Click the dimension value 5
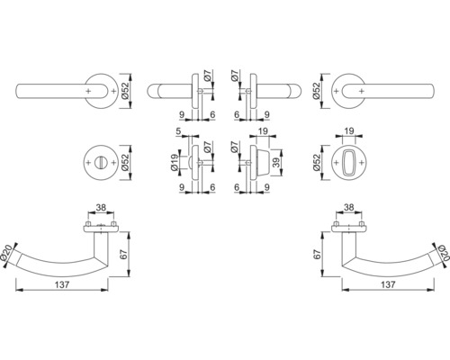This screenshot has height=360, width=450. [x=180, y=130]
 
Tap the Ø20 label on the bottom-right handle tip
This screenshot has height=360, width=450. [x=440, y=256]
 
